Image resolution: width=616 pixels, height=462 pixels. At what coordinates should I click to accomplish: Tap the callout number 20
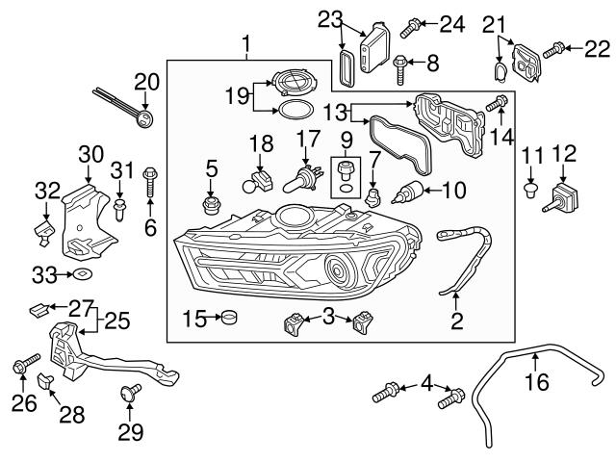point(145,81)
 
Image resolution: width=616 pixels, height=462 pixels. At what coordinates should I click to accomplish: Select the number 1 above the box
point(248,43)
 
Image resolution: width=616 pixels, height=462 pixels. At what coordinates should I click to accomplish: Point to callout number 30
point(90,153)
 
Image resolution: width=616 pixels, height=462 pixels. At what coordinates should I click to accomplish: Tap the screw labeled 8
point(401,64)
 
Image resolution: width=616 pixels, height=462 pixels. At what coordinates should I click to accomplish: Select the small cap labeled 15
point(228,317)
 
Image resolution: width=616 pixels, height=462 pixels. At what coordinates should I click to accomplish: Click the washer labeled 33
point(83,276)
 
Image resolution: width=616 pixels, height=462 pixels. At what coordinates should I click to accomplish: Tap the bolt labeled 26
point(23,366)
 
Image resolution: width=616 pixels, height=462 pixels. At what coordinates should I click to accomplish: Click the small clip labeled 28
point(44,382)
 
